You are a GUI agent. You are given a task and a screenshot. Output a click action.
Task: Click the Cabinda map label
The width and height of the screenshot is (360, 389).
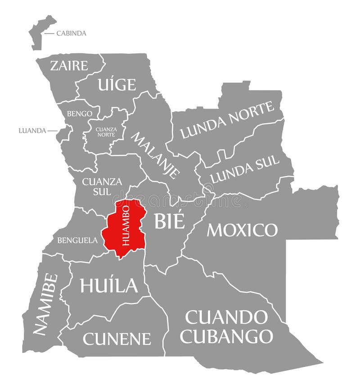point(71,33)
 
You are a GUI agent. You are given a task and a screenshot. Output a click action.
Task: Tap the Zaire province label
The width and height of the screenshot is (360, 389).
point(69,66)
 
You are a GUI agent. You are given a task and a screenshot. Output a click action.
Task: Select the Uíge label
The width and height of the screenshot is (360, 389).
point(116,84)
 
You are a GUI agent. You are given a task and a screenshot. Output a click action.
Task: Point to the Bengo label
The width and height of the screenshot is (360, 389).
point(80,114)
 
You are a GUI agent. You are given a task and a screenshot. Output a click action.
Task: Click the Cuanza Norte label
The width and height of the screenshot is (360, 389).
point(106,131)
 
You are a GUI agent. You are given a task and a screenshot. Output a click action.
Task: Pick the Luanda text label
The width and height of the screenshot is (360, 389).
point(32,131)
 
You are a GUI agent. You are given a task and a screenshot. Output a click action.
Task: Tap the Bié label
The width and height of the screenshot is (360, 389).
point(169,221)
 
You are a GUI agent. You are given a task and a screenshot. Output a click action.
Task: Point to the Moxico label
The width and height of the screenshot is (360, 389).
point(242,230)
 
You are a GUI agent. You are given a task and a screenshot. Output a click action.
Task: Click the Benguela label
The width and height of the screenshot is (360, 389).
point(77,240)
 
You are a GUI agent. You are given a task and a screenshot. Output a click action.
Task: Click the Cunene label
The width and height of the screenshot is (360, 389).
point(117,338)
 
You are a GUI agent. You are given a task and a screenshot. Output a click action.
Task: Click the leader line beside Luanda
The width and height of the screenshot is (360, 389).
point(53,131)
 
